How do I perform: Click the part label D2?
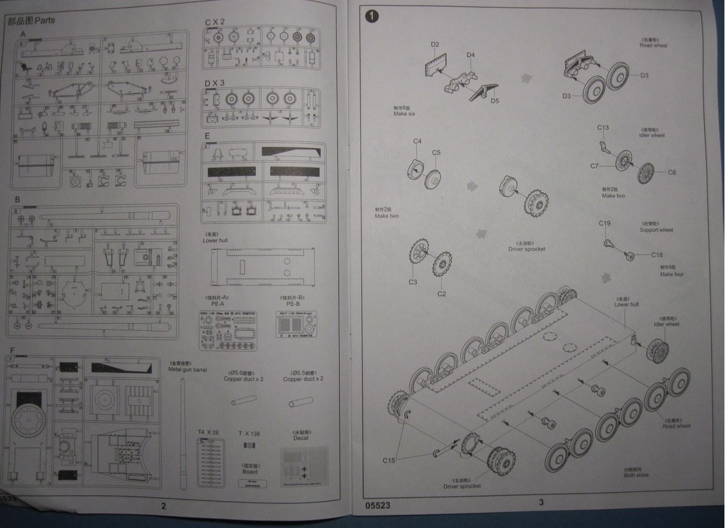(435, 44)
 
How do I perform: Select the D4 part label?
(470, 55)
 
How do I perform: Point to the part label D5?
(495, 101)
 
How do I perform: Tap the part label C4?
(417, 141)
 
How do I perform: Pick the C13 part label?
(603, 127)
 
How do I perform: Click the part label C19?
(605, 223)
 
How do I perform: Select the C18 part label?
(657, 255)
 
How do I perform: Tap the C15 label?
(389, 460)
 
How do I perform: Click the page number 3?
(541, 502)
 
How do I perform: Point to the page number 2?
(164, 506)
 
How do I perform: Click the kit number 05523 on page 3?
(378, 505)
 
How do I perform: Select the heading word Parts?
(44, 21)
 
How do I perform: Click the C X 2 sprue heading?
(215, 22)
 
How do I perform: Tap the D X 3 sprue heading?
(215, 83)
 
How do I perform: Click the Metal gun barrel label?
(188, 369)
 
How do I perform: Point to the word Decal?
(301, 438)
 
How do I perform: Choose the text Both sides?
(636, 475)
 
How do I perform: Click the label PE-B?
(293, 304)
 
